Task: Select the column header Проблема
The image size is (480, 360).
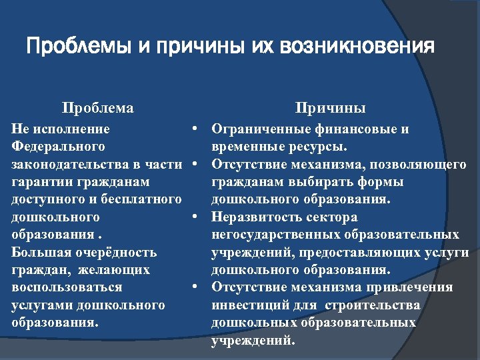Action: click(97, 108)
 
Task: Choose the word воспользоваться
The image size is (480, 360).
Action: click(67, 287)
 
